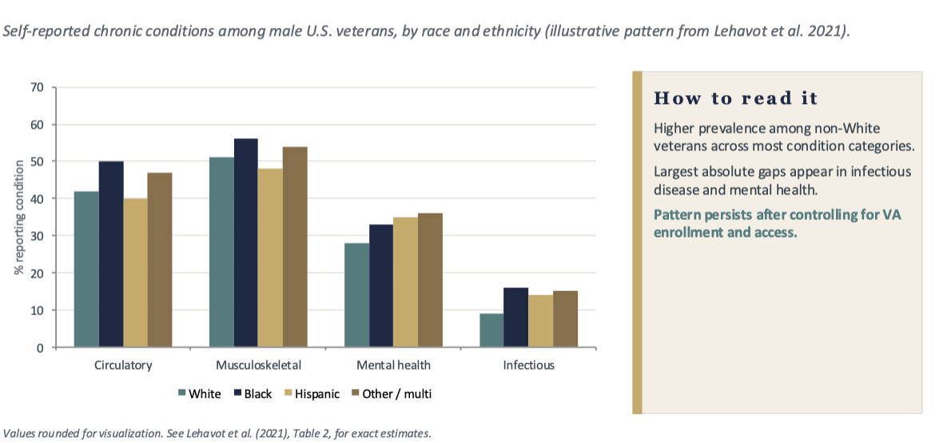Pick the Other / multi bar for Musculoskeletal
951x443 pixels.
tap(295, 247)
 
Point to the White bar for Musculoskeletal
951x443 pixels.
tap(221, 252)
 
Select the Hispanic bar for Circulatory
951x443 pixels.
tap(135, 273)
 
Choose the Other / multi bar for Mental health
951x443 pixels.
tap(430, 281)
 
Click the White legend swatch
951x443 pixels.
tap(182, 393)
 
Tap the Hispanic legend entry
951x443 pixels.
tap(312, 393)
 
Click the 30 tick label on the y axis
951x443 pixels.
tap(38, 236)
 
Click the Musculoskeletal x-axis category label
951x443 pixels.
tap(258, 365)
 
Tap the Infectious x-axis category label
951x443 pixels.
tap(528, 365)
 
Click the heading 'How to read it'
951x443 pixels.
tap(735, 98)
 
